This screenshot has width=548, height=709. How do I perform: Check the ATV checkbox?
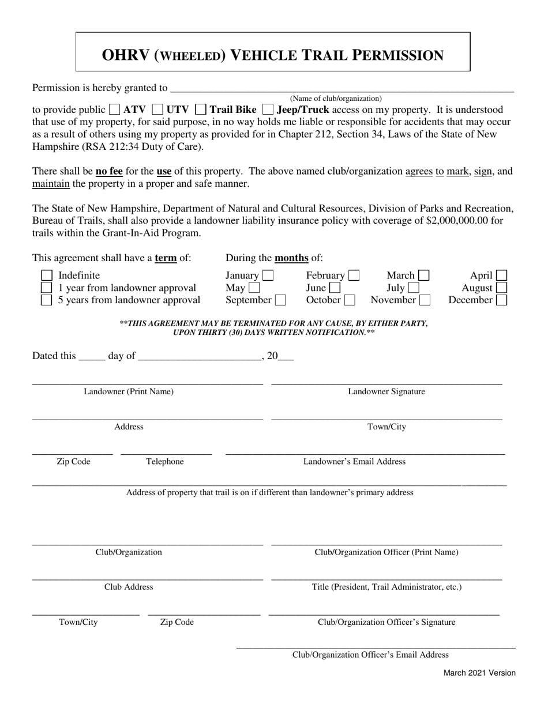pos(114,110)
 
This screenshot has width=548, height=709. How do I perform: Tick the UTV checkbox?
pos(157,110)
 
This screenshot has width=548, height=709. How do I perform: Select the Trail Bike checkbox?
pos(201,110)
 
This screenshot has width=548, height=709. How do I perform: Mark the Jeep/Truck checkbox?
pos(268,110)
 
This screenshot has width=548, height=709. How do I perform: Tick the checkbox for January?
pos(268,276)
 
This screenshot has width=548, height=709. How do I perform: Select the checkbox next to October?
pos(350,300)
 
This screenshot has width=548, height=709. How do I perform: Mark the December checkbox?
pos(501,300)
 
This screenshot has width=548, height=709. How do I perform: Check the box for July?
pos(413,288)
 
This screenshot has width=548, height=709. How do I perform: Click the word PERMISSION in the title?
pos(399,55)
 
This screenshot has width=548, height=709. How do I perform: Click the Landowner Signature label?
pos(386,392)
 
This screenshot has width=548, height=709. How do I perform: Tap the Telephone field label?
pos(165,462)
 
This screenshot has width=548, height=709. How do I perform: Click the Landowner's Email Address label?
pos(354,462)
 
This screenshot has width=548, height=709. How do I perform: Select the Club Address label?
pos(129,587)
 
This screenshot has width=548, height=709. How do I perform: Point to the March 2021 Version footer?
pos(479,673)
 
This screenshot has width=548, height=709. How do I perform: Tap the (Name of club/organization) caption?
pos(336,99)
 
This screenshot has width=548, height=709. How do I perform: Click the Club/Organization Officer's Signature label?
pos(386,623)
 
